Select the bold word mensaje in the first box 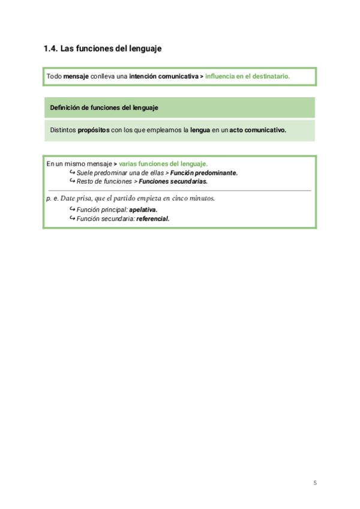tap(76, 77)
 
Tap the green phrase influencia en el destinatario tap(247, 77)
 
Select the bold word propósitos tap(94, 130)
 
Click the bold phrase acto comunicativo tap(257, 130)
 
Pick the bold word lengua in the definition tap(200, 130)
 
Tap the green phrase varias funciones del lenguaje tap(163, 163)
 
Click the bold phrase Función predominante tap(204, 172)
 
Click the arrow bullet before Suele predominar tap(73, 172)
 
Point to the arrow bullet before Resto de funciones tap(73, 181)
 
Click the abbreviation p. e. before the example tap(52, 198)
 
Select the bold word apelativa tap(143, 209)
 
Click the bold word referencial tap(153, 218)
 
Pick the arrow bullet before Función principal tap(73, 209)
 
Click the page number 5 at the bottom tap(314, 483)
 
